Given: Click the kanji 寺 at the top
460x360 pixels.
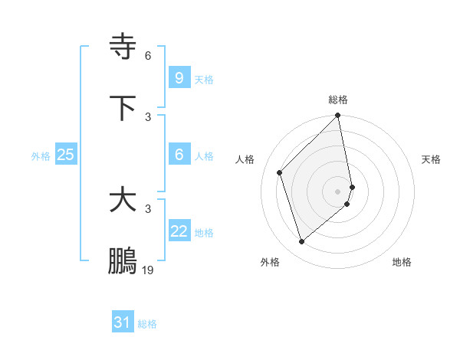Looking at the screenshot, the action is pos(123,47).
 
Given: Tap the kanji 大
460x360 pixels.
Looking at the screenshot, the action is pos(123,200).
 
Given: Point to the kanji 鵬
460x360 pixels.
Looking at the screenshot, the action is pos(123,261).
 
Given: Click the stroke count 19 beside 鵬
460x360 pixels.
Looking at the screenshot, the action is pos(148,270).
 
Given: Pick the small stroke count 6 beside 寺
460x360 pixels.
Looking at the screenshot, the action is pos(148,55).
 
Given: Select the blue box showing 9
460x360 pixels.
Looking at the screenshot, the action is pos(179,78).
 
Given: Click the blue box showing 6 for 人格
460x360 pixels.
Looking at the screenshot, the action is pos(179,155).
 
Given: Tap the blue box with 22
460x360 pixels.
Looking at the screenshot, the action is pos(179,231).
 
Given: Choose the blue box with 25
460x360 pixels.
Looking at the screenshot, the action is pos(65,155).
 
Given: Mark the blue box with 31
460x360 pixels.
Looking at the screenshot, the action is pos(122,323).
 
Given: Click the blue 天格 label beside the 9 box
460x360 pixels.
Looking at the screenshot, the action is pos(204,80).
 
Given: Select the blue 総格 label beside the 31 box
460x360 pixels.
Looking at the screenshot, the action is pos(147,325).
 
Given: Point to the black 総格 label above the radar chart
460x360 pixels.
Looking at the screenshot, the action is pos(338,100).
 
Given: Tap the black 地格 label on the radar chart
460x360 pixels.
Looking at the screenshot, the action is pos(402,263).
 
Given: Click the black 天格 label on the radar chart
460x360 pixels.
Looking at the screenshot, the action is pos(431,159).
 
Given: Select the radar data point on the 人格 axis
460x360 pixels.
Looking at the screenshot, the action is pos(280,172).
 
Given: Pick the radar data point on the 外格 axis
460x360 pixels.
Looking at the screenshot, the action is pos(301,242).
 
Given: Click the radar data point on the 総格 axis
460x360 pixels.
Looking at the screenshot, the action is pos(338,116).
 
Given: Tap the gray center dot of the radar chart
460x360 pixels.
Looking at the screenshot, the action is pos(338,191).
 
